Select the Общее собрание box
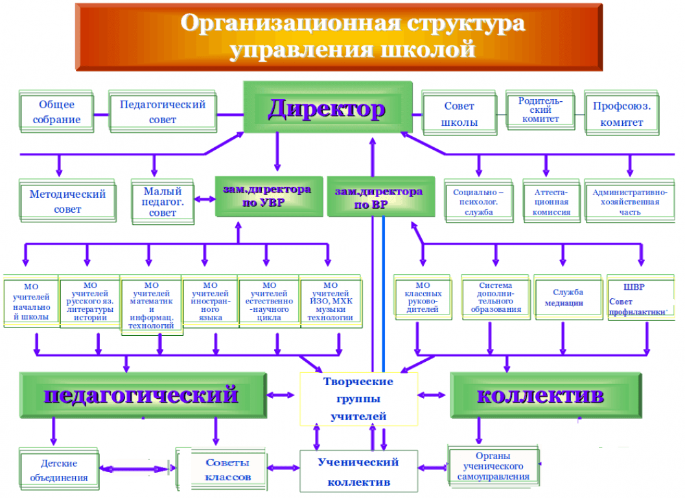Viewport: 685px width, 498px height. [56, 112]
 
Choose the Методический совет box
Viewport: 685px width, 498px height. [67, 202]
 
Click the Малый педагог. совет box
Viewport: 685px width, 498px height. [163, 202]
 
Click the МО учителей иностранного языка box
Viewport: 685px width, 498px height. [210, 302]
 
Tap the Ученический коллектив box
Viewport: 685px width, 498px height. [358, 471]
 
